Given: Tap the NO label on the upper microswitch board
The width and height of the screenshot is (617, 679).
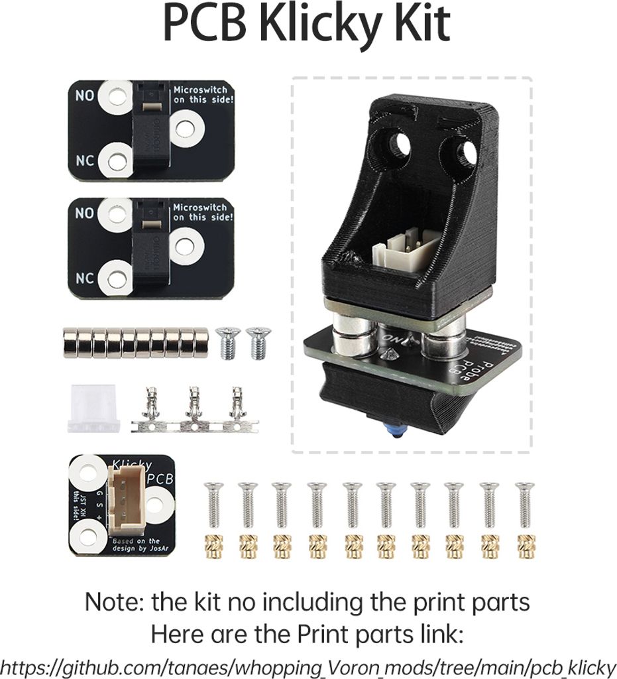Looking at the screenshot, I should tap(84, 95).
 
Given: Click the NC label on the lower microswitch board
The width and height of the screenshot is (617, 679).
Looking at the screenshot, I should tap(84, 278).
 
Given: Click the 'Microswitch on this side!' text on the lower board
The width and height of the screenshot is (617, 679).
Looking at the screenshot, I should tap(199, 212).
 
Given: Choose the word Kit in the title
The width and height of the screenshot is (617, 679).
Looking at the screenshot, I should tap(422, 25).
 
